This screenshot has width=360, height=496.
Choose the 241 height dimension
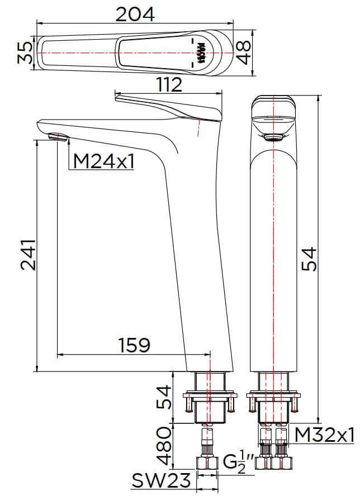click(x=28, y=255)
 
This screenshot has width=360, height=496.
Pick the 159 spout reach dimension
click(x=134, y=345)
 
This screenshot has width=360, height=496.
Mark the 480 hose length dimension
click(x=164, y=446)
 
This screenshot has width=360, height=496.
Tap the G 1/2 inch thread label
click(x=238, y=462)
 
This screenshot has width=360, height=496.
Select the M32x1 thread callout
click(x=325, y=434)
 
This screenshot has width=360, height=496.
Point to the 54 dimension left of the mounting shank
click(x=164, y=397)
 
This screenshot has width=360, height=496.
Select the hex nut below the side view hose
click(x=208, y=463)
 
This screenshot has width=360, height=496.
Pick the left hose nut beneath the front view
click(x=264, y=462)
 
